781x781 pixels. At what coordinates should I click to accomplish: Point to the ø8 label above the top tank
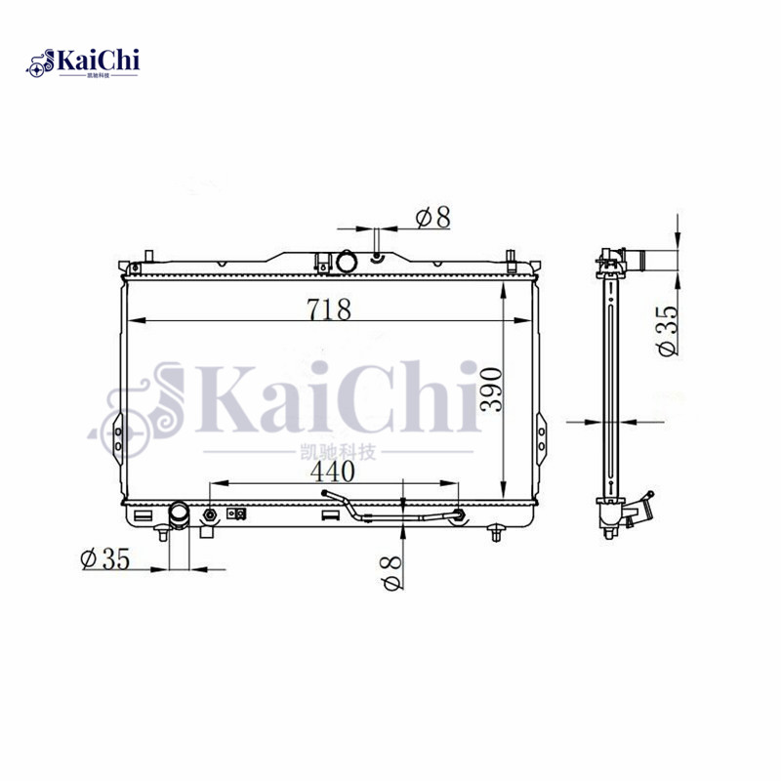[432, 217]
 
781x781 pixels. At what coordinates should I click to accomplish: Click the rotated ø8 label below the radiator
[392, 570]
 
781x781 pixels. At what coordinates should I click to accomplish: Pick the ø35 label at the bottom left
[106, 558]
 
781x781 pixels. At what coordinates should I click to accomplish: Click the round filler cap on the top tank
[349, 263]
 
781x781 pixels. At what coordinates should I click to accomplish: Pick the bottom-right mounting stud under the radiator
[497, 532]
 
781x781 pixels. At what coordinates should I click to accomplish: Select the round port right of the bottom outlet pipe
[210, 514]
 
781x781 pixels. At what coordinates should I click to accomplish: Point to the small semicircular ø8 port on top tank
[376, 259]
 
